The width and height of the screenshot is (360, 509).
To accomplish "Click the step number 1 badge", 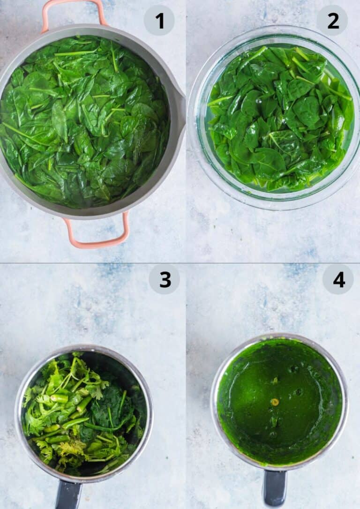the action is tap(159, 21).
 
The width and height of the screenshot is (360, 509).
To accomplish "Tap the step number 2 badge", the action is tap(333, 21).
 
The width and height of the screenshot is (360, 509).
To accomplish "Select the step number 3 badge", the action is tap(164, 279).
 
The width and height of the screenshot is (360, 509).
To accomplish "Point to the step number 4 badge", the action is tap(338, 279).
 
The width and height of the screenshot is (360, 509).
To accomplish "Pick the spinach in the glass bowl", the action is tap(280, 119).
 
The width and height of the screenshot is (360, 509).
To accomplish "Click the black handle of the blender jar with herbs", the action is tap(68, 495).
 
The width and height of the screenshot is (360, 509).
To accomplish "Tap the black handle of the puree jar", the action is tap(275, 488).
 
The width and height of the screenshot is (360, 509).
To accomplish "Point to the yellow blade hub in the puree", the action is tap(275, 402).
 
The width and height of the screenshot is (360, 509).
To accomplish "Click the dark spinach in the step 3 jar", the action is tap(110, 412).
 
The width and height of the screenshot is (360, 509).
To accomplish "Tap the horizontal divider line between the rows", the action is tap(180, 263).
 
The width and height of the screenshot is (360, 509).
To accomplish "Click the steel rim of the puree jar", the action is tap(214, 403).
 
